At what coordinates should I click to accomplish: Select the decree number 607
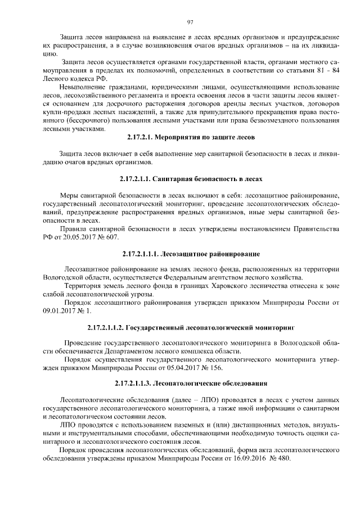pyautogui.click(x=112, y=238)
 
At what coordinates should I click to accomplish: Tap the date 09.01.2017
pyautogui.click(x=59, y=311)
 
